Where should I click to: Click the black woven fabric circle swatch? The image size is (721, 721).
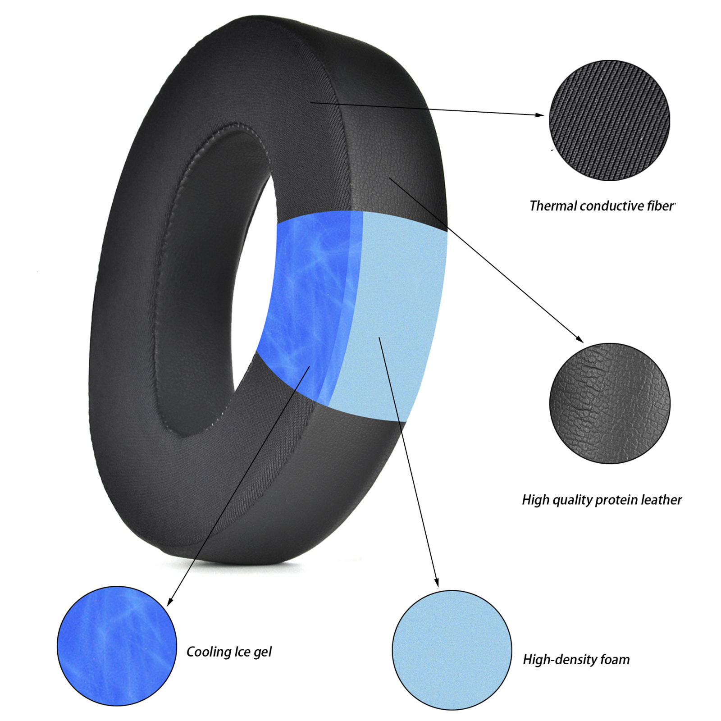(x=609, y=120)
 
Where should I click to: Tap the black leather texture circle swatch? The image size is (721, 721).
(x=610, y=403)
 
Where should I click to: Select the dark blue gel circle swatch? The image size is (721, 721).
(x=117, y=646)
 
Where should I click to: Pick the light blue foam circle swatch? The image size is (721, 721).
(x=452, y=650)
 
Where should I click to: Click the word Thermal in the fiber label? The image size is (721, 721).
(x=553, y=206)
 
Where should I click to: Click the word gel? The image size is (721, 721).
(x=262, y=652)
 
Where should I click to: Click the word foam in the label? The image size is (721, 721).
(x=615, y=660)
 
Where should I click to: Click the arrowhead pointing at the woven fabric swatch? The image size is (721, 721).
(x=540, y=115)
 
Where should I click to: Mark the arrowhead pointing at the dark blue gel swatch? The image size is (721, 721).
(x=169, y=602)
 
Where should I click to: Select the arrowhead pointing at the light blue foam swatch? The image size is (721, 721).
(x=436, y=584)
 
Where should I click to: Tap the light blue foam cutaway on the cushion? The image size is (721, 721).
(x=392, y=315)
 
